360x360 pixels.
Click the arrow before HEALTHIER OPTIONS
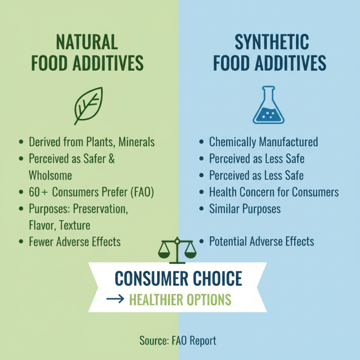115,299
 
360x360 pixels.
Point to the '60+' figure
38,192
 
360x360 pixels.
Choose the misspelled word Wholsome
50,175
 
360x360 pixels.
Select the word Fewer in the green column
41,242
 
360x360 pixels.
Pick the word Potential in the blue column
228,241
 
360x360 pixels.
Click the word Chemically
232,142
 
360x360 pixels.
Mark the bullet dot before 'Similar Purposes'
201,209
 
